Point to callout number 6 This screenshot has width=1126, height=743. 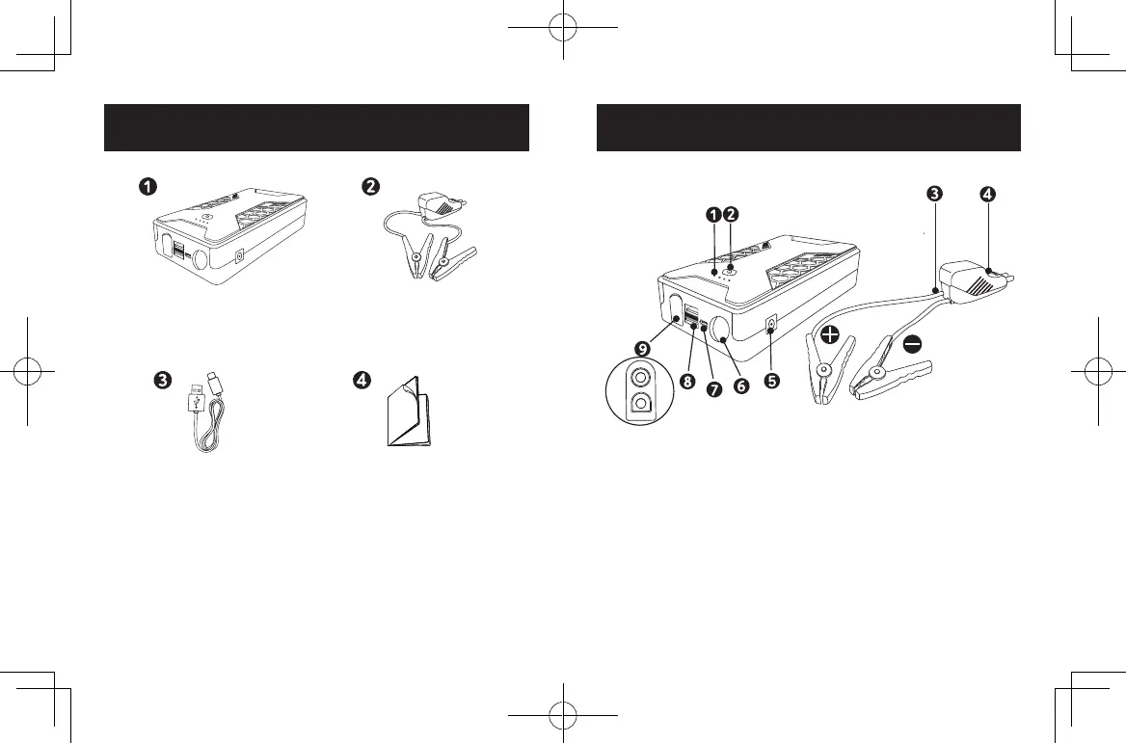pyautogui.click(x=741, y=383)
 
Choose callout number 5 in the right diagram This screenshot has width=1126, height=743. pyautogui.click(x=771, y=380)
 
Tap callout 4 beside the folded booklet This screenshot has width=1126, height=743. pyautogui.click(x=362, y=381)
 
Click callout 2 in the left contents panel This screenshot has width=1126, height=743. pyautogui.click(x=368, y=186)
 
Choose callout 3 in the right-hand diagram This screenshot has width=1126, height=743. pyautogui.click(x=933, y=193)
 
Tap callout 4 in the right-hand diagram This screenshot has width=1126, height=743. pyautogui.click(x=988, y=193)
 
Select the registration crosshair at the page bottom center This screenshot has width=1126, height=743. pyautogui.click(x=562, y=714)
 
